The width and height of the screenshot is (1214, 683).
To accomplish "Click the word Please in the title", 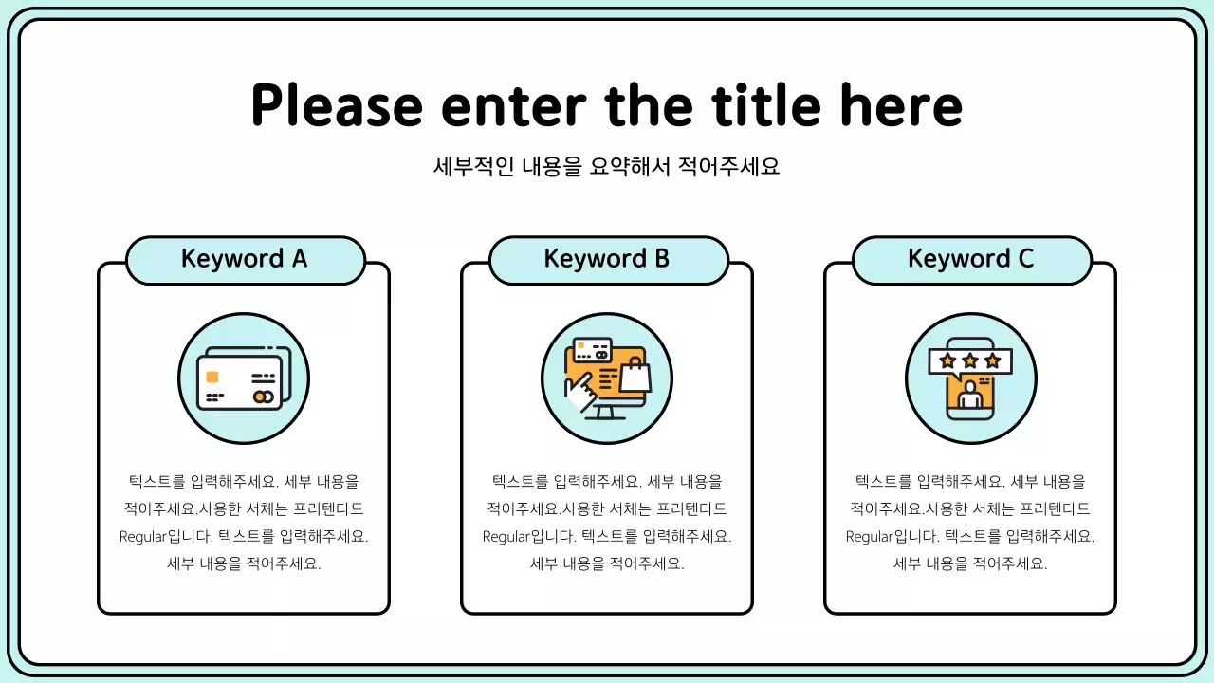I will [336, 105].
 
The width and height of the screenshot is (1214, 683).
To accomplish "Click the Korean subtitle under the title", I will [607, 167].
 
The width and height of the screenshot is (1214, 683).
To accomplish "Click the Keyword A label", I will [245, 259].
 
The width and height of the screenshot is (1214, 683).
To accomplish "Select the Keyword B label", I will [608, 259].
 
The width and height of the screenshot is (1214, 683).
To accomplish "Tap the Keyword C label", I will [971, 259].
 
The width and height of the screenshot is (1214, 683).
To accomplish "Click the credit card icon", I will [243, 378].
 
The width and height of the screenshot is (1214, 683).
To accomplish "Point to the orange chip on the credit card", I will [212, 377].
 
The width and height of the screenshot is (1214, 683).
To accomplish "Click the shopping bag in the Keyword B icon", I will [635, 376].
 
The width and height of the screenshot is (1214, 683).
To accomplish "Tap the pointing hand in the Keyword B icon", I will [578, 391].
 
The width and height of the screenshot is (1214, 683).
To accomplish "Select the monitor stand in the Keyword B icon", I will [606, 414].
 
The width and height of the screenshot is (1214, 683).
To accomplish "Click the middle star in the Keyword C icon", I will [969, 360].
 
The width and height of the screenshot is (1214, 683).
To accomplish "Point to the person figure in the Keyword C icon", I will [969, 396].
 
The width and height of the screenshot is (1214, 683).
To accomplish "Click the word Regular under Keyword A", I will [143, 536].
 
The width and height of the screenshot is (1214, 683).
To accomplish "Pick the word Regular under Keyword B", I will [506, 536].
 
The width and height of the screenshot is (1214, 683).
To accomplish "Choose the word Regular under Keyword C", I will [870, 536].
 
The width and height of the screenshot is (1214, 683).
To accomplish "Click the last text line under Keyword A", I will [244, 563].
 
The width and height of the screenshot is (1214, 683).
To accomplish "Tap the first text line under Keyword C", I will [970, 482].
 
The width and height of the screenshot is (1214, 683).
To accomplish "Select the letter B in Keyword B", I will [661, 259].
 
